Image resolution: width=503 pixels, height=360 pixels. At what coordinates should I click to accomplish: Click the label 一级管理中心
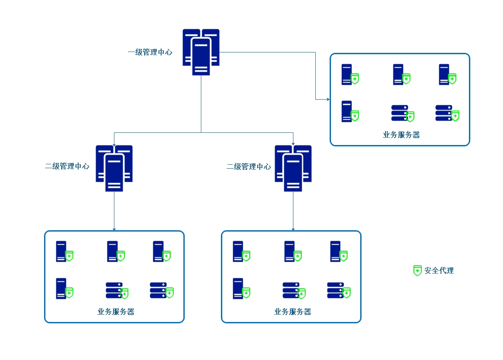(150, 52)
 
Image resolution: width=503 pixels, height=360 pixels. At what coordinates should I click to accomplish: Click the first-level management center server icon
(201, 52)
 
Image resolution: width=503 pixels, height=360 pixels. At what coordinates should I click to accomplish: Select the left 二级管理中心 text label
(67, 166)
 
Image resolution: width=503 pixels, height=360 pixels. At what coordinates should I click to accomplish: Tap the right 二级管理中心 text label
(249, 166)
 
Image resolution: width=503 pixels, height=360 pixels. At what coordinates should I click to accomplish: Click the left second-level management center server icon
(114, 168)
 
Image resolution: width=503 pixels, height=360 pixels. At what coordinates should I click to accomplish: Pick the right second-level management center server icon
(293, 168)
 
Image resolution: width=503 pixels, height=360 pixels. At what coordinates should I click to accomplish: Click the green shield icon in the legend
(417, 270)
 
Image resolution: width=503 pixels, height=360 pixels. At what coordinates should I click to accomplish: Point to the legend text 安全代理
(439, 270)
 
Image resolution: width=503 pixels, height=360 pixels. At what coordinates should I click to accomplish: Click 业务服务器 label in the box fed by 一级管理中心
(401, 135)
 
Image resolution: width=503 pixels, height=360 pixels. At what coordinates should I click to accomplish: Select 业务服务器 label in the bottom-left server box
(116, 312)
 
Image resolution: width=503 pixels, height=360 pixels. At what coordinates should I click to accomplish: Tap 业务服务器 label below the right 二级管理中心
(293, 312)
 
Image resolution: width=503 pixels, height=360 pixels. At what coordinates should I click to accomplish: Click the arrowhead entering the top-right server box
(328, 100)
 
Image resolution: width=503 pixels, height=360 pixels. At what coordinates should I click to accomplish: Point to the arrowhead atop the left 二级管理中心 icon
(114, 144)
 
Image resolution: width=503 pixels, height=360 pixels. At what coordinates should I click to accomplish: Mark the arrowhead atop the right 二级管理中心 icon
(293, 144)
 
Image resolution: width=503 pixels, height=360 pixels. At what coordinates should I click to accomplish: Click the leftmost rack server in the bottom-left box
(114, 290)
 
